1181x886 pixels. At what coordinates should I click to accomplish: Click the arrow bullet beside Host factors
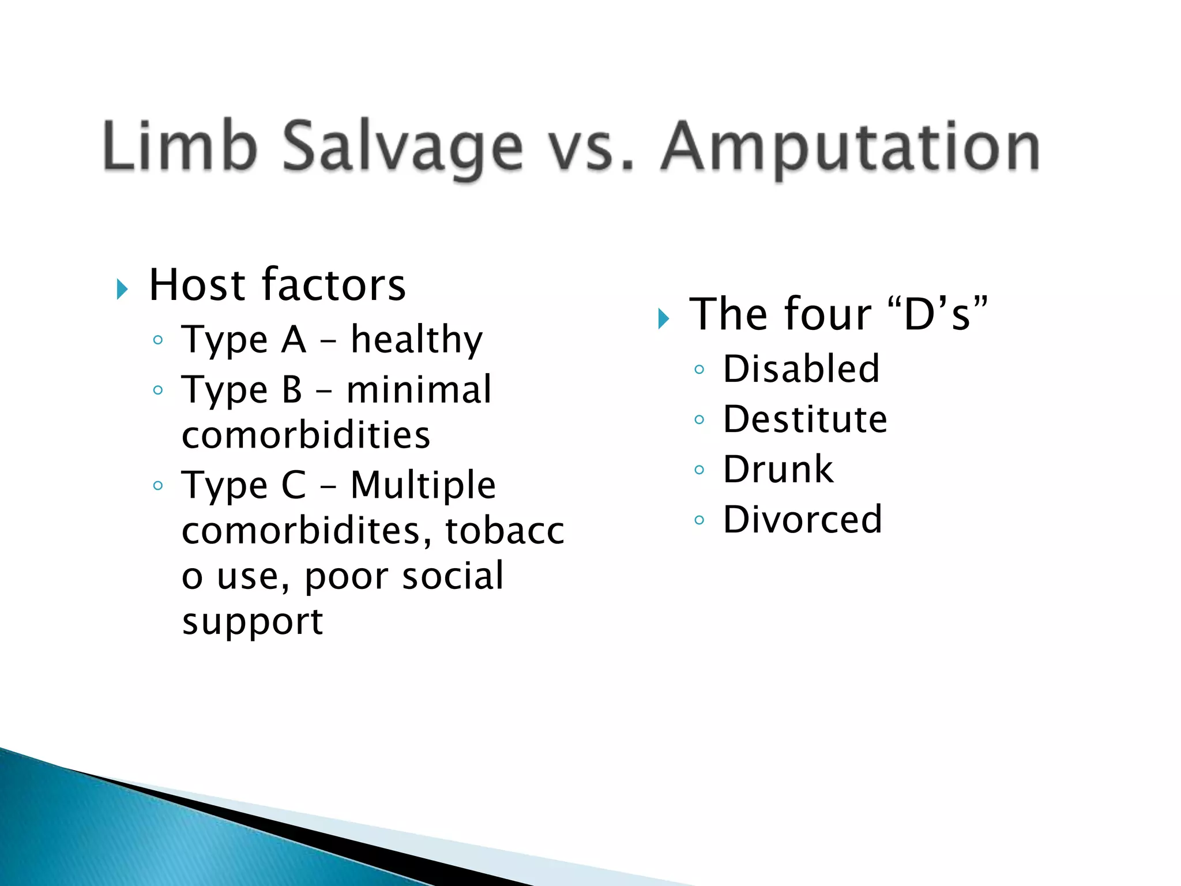tap(122, 288)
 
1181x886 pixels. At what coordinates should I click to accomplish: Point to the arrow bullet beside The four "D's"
tap(663, 318)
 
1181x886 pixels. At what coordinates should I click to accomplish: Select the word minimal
tap(419, 389)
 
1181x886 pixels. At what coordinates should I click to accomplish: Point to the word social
tap(453, 576)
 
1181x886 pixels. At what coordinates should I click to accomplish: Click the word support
tap(252, 622)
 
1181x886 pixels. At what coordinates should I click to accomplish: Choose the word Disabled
tap(801, 369)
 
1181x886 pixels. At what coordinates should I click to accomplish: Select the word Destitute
tap(805, 419)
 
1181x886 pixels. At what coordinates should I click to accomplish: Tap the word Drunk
tap(778, 469)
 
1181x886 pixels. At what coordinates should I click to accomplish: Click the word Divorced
tap(802, 519)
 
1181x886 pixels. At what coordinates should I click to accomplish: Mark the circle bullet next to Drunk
tap(699, 470)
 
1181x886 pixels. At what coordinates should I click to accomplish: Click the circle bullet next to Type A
tap(158, 340)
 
